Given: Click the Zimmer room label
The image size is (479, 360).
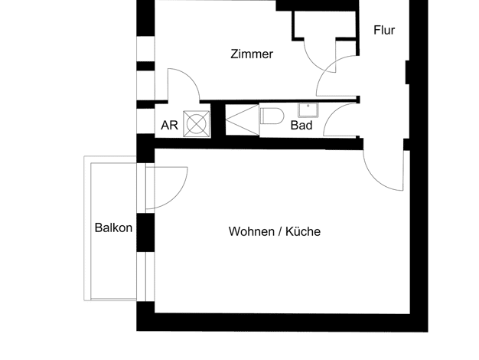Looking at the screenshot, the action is (x=252, y=54).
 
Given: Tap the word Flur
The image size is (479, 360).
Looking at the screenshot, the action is (x=384, y=31).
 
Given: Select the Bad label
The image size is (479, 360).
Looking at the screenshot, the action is (x=301, y=126).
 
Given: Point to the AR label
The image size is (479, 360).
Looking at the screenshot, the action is (x=169, y=126).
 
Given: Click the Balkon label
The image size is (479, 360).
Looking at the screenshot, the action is (x=113, y=227).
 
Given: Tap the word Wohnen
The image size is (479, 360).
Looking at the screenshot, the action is (x=252, y=231).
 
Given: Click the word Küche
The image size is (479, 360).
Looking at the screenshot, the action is (x=303, y=231).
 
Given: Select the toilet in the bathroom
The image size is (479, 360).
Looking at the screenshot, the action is (x=272, y=116).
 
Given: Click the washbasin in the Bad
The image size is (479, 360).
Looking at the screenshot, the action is (x=308, y=110).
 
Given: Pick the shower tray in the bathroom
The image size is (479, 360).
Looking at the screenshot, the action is (x=243, y=119).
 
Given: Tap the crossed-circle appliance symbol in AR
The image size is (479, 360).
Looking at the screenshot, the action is (x=197, y=123).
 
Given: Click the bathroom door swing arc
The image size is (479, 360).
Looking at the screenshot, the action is (x=331, y=113).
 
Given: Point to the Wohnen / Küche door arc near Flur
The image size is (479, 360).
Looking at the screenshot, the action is (x=375, y=179).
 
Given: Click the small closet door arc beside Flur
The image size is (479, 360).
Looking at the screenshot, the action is (x=314, y=64).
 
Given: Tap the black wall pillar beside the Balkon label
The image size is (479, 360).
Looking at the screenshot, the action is (x=145, y=232).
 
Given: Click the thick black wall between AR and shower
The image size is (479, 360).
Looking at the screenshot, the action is (x=218, y=120).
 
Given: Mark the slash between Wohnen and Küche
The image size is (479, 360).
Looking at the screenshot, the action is (x=280, y=231).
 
